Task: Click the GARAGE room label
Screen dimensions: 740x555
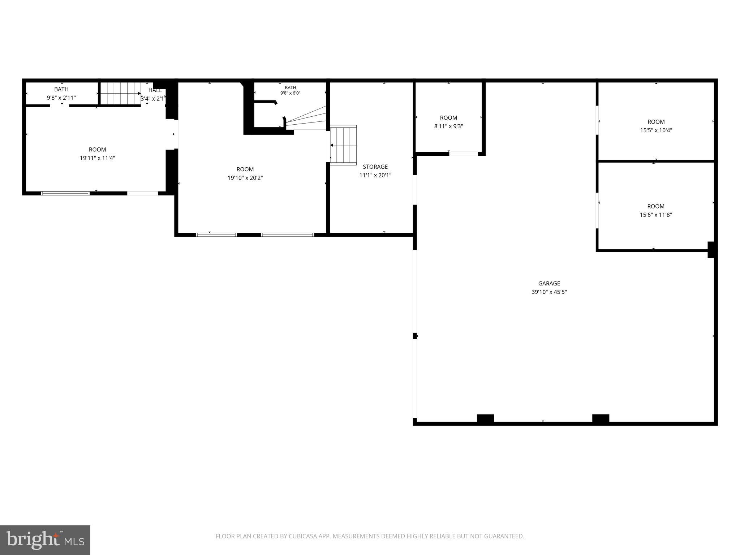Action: [x=549, y=284]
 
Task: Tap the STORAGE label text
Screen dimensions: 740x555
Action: [x=375, y=167]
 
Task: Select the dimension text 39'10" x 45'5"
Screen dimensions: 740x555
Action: [x=549, y=292]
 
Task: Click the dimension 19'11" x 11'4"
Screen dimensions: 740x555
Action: [x=98, y=158]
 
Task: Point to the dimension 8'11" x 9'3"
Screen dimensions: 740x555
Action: [x=448, y=126]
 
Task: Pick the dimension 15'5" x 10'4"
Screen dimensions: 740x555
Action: [x=656, y=130]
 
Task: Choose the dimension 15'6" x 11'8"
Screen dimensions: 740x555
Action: [x=656, y=215]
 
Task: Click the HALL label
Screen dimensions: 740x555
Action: [x=155, y=90]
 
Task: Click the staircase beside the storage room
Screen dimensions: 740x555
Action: [x=343, y=145]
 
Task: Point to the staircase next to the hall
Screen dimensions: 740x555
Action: [x=120, y=93]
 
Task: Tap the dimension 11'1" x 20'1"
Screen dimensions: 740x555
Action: [x=375, y=175]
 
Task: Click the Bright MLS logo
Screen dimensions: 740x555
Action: [x=45, y=540]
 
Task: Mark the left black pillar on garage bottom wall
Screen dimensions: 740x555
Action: [x=485, y=418]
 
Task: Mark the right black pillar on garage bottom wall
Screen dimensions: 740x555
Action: [x=601, y=418]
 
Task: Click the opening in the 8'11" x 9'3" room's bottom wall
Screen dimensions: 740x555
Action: [x=464, y=154]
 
